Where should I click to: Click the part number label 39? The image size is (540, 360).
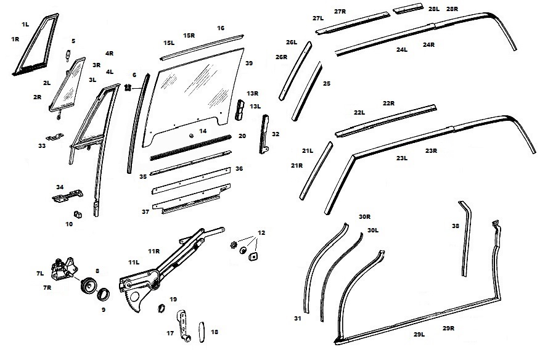(249, 63)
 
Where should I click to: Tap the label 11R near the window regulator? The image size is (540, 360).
(154, 251)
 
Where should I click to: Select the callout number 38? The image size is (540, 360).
(455, 226)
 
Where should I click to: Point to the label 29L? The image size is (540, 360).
(419, 334)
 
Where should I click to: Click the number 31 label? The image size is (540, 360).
(298, 319)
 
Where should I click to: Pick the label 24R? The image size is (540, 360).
(428, 45)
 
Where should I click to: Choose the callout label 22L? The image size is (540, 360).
(359, 112)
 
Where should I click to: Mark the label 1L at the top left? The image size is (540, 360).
(25, 24)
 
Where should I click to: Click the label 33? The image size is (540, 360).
(41, 146)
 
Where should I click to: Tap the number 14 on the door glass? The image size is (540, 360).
(202, 131)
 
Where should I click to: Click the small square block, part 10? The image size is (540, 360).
(78, 214)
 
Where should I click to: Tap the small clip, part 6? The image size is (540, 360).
(129, 87)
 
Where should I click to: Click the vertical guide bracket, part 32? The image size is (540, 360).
(266, 133)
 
